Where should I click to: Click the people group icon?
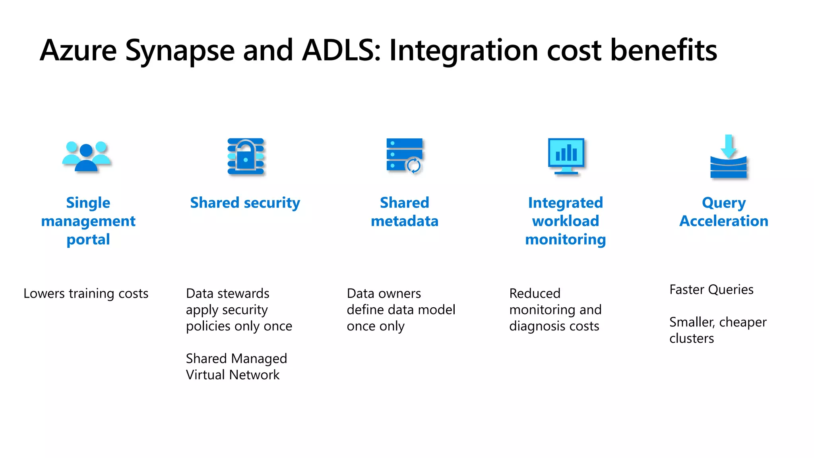(x=87, y=157)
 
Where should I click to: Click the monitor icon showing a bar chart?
(x=566, y=156)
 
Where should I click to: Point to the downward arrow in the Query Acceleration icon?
(x=729, y=146)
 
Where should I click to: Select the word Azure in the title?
(x=78, y=50)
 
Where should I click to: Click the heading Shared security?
(x=245, y=203)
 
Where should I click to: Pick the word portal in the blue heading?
(x=88, y=240)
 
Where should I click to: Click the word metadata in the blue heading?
(x=405, y=221)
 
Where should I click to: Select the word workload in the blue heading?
(x=566, y=221)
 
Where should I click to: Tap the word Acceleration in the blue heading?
(x=724, y=221)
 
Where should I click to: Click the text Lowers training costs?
(x=86, y=293)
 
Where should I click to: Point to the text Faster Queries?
(x=711, y=289)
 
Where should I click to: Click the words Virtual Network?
(x=233, y=375)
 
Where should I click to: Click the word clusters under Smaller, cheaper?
(x=692, y=338)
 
